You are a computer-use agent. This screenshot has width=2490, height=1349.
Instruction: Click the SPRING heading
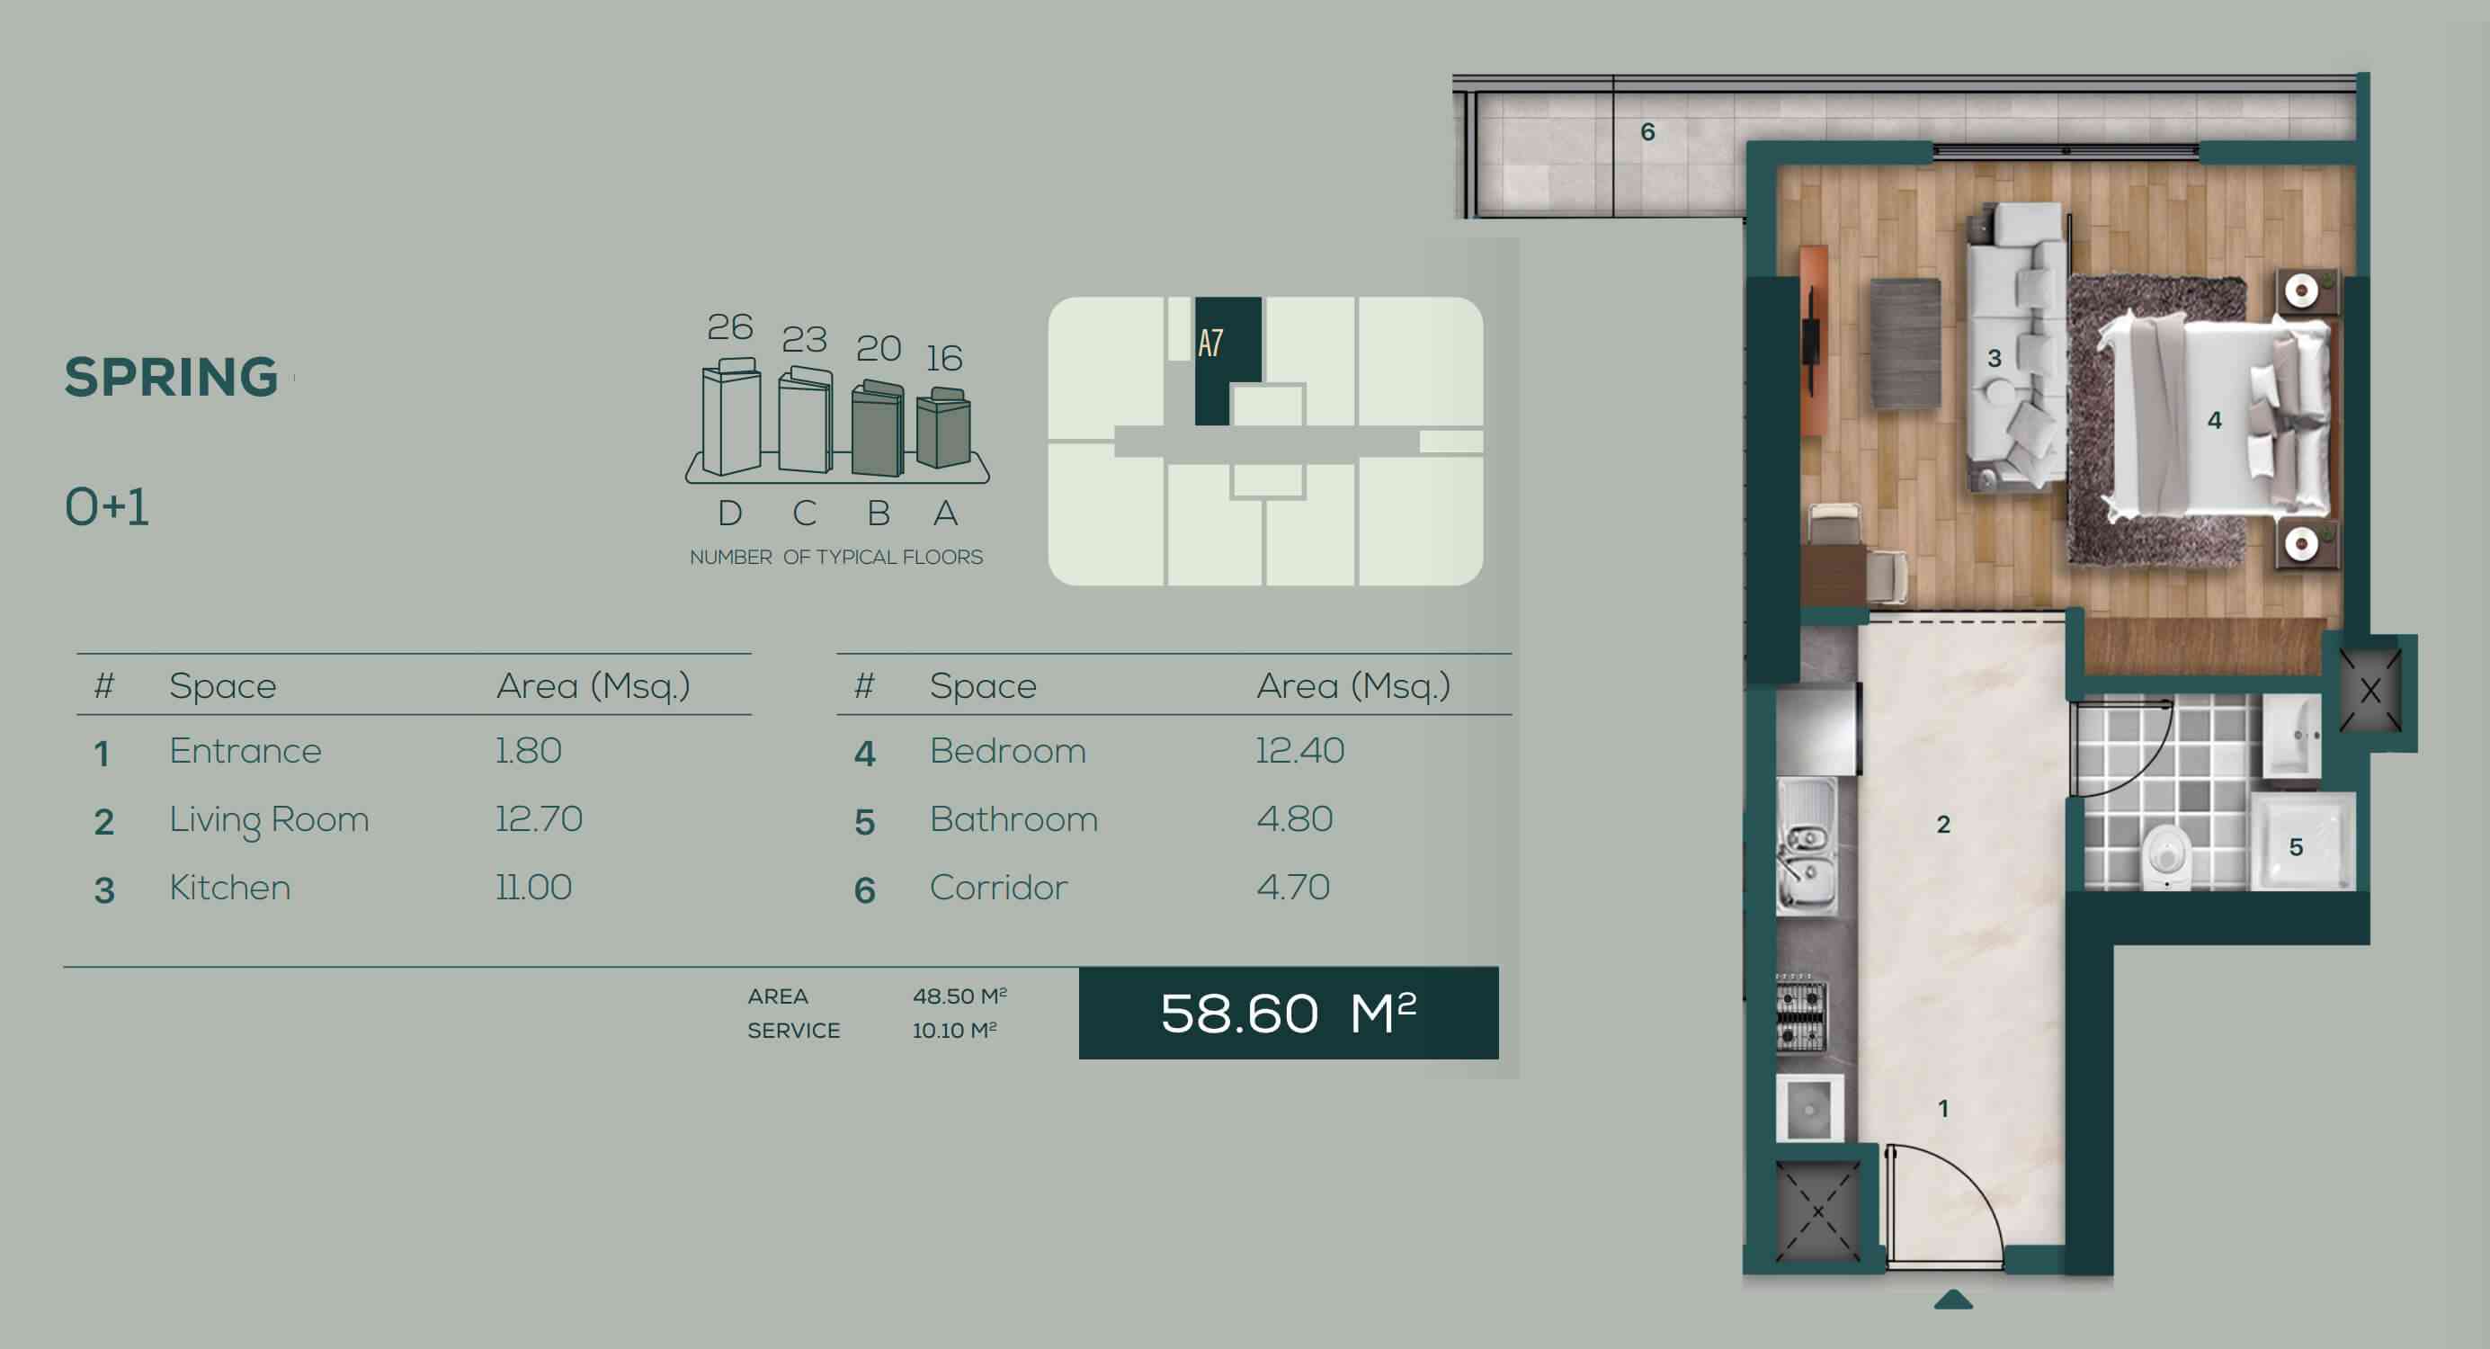tap(171, 376)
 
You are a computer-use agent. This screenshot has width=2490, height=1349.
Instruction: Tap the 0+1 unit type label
tap(106, 506)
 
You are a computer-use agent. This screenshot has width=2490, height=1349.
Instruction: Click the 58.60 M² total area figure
tap(1289, 1014)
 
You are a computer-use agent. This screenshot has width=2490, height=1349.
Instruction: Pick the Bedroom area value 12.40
tap(1299, 750)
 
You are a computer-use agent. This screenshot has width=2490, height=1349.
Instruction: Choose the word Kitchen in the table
tap(230, 887)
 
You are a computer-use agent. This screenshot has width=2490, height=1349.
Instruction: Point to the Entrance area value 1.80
tap(529, 750)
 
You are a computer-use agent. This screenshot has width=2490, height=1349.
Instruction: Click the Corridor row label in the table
tap(998, 887)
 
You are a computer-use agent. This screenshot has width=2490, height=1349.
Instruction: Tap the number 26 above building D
tap(730, 326)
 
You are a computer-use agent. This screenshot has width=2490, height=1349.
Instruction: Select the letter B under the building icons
tap(879, 514)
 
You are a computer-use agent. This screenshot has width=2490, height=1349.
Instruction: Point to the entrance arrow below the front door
tap(1952, 1300)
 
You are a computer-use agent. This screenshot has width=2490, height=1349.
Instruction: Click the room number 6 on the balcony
tap(1648, 131)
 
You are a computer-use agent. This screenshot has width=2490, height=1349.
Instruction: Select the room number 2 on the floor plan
tap(1943, 824)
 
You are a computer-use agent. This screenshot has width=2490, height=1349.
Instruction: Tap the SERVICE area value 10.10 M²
tap(954, 1031)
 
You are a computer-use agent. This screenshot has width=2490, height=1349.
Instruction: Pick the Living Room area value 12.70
tap(539, 819)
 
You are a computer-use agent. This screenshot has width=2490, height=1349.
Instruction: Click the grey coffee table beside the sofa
tap(1905, 344)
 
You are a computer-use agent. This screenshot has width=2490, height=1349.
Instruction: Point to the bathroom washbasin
tap(2293, 735)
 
